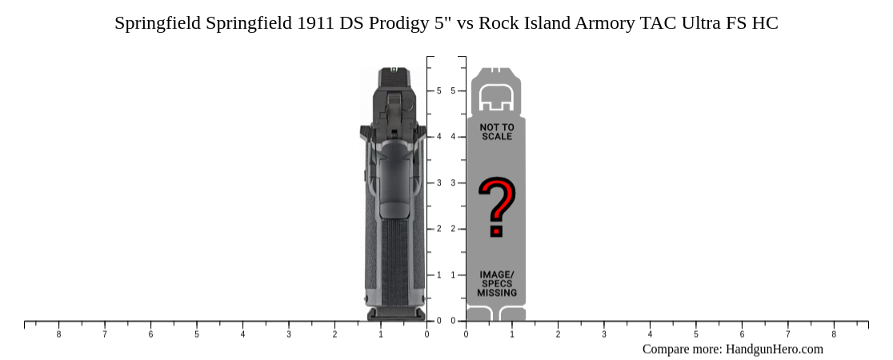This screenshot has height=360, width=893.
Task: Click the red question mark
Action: click(x=496, y=208)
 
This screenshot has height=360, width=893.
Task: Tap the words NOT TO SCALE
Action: click(x=497, y=132)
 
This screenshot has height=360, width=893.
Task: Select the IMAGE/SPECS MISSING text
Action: click(x=497, y=284)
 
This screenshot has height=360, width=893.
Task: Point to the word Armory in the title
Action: click(x=605, y=23)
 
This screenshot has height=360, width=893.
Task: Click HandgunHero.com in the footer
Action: click(x=774, y=349)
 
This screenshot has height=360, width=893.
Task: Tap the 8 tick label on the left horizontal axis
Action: click(x=58, y=334)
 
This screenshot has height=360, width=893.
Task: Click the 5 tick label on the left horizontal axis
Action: click(x=197, y=334)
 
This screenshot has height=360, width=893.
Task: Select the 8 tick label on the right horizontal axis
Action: click(x=834, y=334)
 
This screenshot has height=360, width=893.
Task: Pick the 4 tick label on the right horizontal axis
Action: click(x=650, y=334)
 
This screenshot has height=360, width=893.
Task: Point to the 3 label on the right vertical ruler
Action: click(x=454, y=183)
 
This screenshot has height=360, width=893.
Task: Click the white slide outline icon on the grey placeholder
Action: click(x=496, y=97)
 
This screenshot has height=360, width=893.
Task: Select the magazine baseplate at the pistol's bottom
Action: click(x=395, y=314)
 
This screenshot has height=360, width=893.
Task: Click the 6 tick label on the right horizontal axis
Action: click(x=742, y=334)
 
